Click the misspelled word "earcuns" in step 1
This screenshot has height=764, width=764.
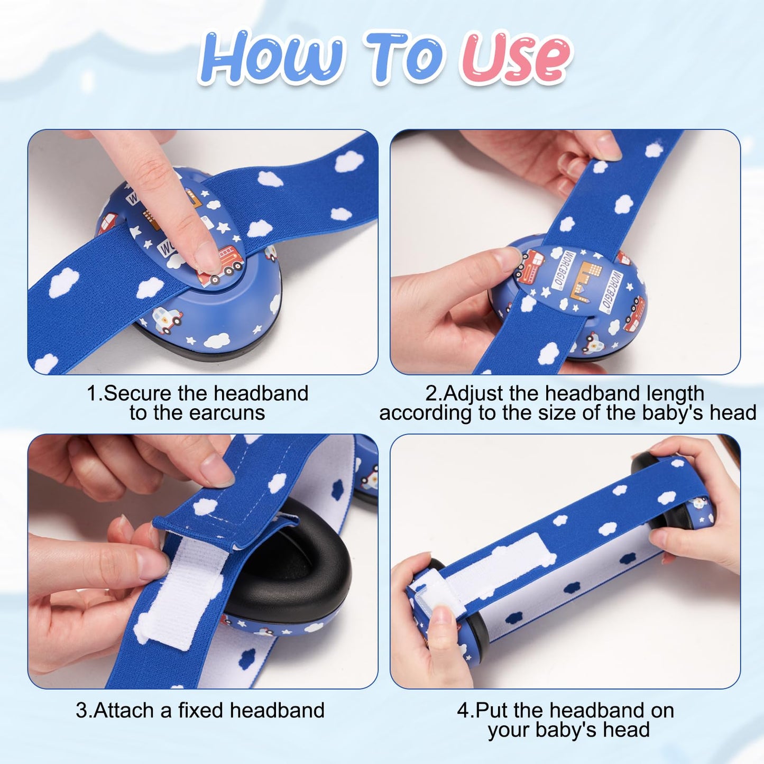coord(227,413)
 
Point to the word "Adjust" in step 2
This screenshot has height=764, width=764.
coord(472,394)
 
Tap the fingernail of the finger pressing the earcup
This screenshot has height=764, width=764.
coord(207,257)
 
